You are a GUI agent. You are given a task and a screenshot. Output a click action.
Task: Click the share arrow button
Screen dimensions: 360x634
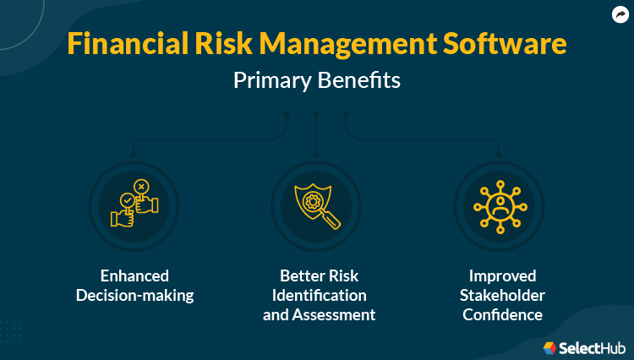point(620,14)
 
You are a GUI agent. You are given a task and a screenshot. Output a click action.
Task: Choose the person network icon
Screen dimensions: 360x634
point(499,204)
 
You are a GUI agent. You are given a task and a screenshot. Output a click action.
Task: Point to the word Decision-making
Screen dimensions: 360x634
point(134,295)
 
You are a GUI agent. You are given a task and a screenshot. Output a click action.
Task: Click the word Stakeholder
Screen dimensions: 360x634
point(498,295)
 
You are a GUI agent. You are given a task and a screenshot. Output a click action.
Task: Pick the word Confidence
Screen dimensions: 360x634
point(498,314)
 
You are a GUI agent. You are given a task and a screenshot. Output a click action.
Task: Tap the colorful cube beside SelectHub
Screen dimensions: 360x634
point(549,346)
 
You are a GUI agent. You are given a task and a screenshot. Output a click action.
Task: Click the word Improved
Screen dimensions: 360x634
point(498,275)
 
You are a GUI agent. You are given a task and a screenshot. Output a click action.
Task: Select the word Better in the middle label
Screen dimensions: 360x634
point(296,275)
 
